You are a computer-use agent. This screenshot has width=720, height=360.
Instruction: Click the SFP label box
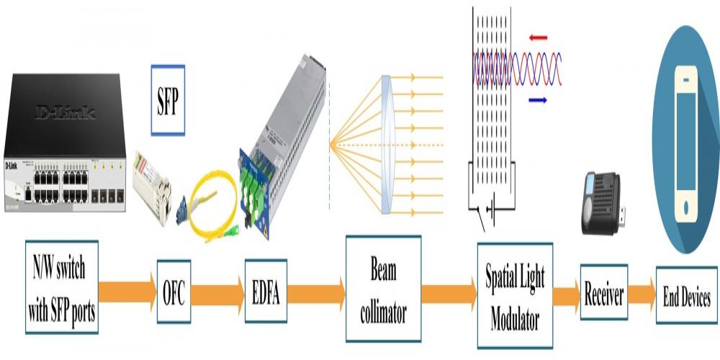pyautogui.click(x=168, y=100)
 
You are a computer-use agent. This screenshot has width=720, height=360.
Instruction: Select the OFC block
pyautogui.click(x=174, y=293)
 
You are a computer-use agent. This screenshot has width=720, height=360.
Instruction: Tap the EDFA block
pyautogui.click(x=266, y=292)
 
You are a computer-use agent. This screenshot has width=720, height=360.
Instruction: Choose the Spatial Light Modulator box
pyautogui.click(x=515, y=296)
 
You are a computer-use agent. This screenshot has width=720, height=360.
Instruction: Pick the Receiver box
pyautogui.click(x=603, y=292)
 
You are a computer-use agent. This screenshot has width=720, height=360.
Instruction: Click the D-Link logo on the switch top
pyautogui.click(x=66, y=112)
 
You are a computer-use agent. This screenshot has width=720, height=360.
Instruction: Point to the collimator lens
pyautogui.click(x=387, y=144)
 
